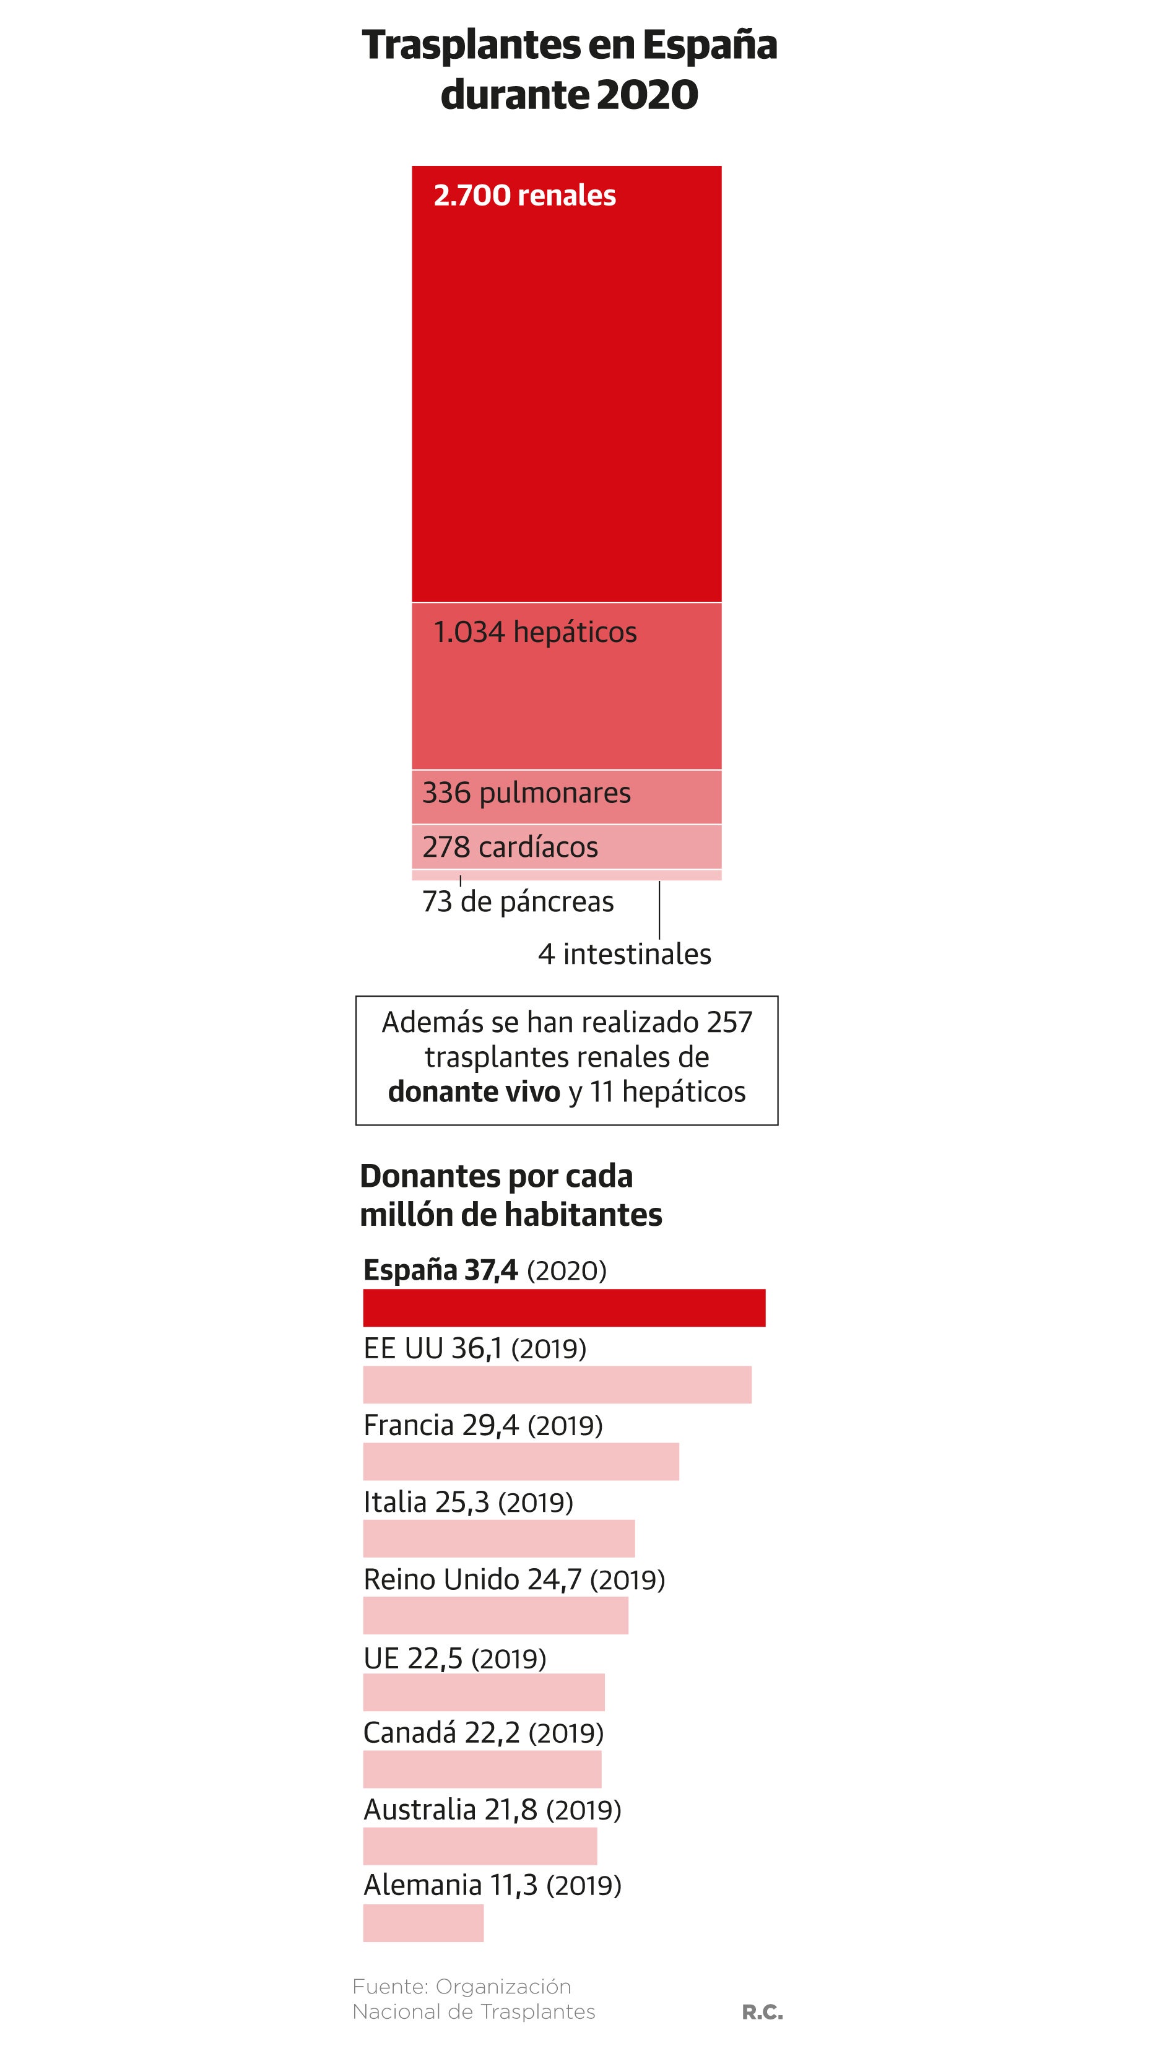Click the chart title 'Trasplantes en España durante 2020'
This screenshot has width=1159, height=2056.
coord(569,69)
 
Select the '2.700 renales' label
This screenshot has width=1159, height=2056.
coord(524,196)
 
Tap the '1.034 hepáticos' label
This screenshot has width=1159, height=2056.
coord(535,632)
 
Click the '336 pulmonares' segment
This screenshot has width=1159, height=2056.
coord(566,796)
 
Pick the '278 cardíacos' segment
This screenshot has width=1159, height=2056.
coord(566,846)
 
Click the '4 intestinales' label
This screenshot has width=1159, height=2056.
coord(624,954)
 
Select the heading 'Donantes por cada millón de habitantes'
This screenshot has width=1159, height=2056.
coord(511,1195)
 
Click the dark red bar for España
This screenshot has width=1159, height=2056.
coord(563,1308)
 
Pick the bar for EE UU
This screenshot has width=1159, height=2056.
coord(557,1385)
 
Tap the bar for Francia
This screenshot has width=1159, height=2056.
coord(521,1462)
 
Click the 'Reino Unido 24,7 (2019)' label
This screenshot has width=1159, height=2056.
coord(514,1579)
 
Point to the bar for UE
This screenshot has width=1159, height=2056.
coord(484,1693)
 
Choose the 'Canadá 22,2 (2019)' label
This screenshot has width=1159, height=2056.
coord(483,1733)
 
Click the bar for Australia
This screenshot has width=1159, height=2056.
coord(480,1847)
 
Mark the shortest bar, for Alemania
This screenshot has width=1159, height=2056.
coord(423,1924)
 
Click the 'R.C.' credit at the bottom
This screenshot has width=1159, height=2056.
coord(762,2013)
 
